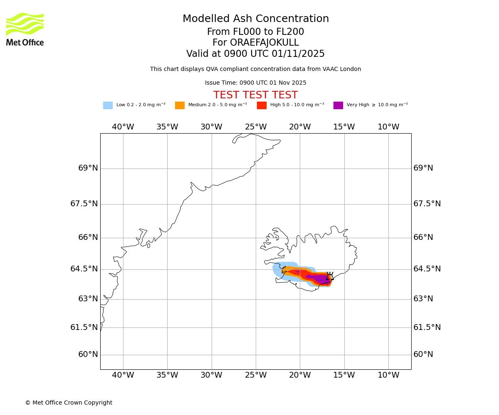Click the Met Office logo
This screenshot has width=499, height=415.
point(25,29)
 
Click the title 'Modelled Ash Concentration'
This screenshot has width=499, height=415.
point(255,19)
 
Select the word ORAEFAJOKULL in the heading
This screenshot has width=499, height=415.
point(255,43)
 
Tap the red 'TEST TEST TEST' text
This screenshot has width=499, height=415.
point(255,95)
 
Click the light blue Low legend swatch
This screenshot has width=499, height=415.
point(108,105)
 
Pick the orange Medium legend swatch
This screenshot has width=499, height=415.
point(180,105)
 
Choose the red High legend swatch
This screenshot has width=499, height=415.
point(262,105)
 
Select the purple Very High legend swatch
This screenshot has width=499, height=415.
point(338,105)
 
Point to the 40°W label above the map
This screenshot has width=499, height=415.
point(123,127)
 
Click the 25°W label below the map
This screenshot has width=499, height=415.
point(256,375)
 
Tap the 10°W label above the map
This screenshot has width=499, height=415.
point(388,127)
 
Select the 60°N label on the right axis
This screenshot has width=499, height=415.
point(423,354)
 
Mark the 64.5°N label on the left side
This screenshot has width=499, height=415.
point(84,269)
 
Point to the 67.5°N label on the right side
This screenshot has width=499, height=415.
point(427,204)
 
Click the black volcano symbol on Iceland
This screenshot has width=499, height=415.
point(329,276)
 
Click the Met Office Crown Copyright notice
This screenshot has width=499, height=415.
point(69,403)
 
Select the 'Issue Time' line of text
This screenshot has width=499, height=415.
point(255,83)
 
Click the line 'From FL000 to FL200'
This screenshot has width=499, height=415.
point(255,32)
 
